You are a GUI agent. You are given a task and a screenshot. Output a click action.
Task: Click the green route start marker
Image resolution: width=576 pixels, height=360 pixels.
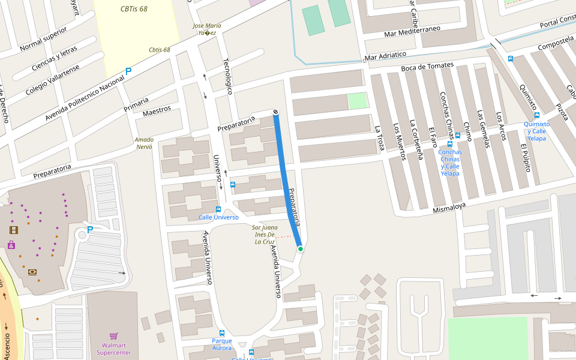tap(300, 248)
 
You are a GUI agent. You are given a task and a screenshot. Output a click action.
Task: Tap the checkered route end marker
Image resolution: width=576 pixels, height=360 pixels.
tap(275, 112)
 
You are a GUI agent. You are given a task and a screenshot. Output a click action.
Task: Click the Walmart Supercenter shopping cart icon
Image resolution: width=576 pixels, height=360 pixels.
tap(114, 336)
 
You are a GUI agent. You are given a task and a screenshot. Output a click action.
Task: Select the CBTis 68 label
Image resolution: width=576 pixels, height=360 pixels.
tap(134, 9)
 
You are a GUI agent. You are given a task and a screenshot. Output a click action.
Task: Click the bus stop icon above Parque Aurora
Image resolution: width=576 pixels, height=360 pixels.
tap(221, 332)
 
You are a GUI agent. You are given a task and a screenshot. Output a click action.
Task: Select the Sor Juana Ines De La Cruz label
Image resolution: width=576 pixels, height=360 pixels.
tap(264, 235)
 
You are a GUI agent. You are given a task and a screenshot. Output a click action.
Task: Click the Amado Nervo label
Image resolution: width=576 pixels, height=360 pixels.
tap(145, 143)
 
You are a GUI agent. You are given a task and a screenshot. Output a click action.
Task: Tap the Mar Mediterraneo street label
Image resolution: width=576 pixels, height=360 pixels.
tap(412, 31)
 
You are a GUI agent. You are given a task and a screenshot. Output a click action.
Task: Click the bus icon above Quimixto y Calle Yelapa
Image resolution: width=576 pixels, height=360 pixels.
tap(536, 115)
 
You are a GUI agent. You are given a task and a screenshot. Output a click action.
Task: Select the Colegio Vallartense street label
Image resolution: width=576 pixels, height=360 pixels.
tap(52, 80)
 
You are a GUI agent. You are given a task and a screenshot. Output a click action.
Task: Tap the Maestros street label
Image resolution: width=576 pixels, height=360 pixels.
tap(157, 112)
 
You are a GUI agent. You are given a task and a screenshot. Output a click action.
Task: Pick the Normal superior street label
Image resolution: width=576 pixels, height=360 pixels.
tap(43, 39)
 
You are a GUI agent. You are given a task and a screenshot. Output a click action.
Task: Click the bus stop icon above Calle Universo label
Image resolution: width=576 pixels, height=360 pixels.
tap(218, 209)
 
